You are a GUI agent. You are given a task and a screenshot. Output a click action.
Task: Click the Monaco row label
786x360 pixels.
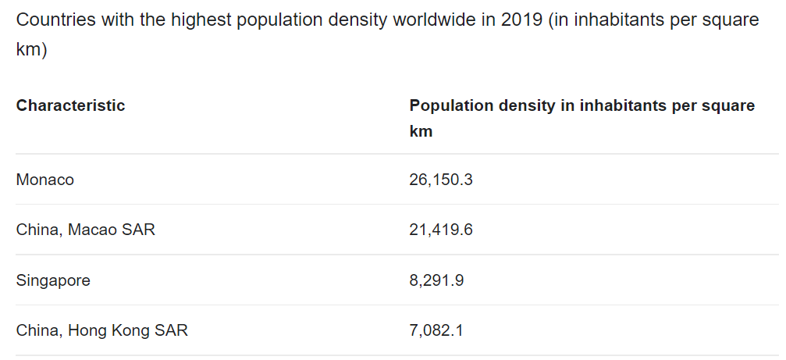click(x=45, y=180)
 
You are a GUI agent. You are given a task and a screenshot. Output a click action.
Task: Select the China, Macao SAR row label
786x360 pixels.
click(x=86, y=230)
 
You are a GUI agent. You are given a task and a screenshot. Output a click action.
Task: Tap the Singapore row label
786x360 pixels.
click(x=53, y=280)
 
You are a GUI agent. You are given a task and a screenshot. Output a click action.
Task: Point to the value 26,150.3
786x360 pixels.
click(x=441, y=180)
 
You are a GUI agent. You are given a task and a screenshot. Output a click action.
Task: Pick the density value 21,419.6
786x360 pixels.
click(x=441, y=230)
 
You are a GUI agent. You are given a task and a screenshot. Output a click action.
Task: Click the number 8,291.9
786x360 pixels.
click(x=437, y=280)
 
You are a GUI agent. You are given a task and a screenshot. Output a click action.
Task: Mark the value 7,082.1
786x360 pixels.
click(x=437, y=330)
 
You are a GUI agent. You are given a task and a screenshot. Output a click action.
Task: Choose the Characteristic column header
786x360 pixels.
click(x=70, y=105)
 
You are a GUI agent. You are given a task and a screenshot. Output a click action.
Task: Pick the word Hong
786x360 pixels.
click(x=87, y=330)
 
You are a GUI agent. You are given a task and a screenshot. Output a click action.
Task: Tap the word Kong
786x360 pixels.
click(x=130, y=330)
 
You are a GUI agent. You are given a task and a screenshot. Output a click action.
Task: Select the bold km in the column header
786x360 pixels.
click(x=421, y=131)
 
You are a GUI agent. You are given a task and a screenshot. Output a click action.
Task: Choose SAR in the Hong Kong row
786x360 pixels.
click(x=171, y=330)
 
